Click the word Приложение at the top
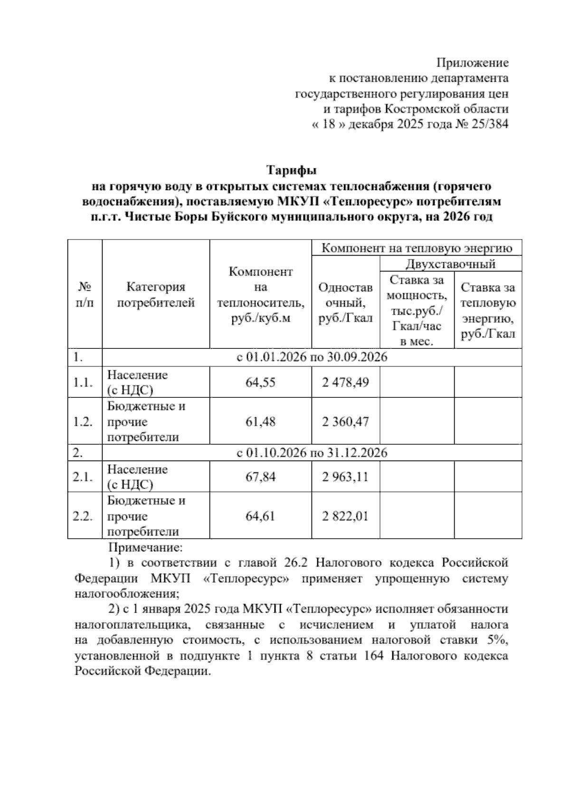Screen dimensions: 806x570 coord(472,63)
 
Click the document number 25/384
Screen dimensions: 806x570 coord(489,125)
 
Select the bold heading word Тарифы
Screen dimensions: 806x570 coord(291,170)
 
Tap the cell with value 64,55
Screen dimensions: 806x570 coord(260,382)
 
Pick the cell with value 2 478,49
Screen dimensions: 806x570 coord(345,382)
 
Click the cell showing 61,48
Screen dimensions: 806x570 coord(260,422)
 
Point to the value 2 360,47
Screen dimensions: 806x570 coord(345,422)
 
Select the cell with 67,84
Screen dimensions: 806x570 coord(260,477)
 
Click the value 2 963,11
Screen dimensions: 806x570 coord(345,477)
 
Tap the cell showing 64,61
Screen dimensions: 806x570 coord(260,516)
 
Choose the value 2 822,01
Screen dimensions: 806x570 coord(345,516)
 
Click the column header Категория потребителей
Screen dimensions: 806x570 coord(156,295)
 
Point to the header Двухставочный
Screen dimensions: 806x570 coord(450,264)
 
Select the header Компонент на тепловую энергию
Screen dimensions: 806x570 coord(417,248)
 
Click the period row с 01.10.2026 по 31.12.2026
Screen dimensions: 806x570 coord(312,453)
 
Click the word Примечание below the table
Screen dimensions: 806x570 coord(145,547)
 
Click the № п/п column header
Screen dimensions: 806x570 coord(85,295)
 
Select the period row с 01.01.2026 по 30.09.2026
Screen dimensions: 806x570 coord(312,357)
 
